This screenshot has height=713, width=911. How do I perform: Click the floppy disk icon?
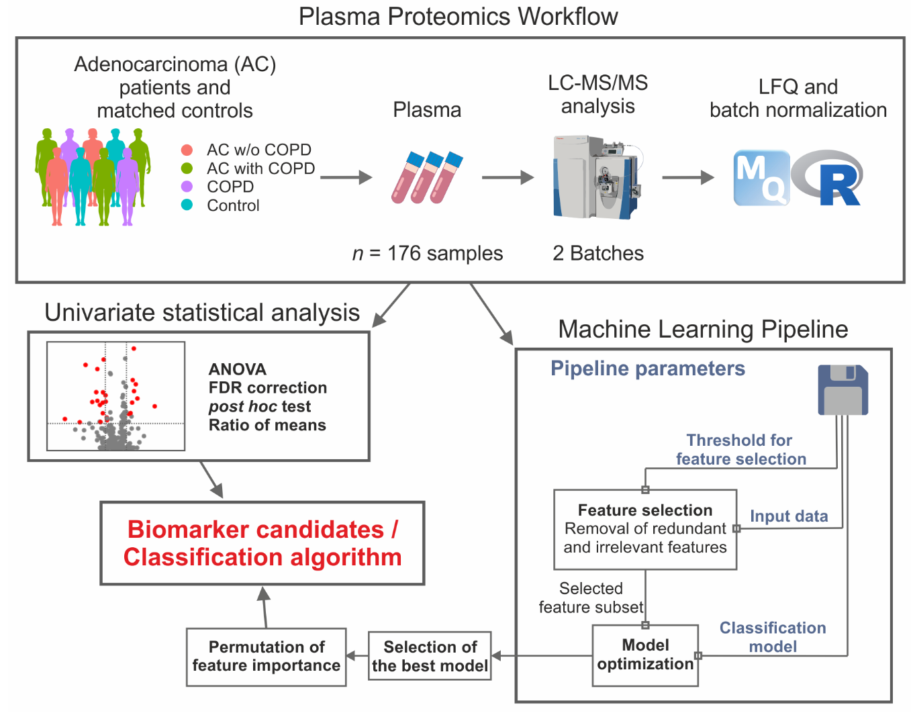point(843,390)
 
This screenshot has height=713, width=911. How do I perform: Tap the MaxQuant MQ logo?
point(761,178)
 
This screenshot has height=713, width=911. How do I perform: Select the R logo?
point(828,178)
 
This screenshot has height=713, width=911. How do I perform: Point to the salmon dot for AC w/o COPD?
point(187,150)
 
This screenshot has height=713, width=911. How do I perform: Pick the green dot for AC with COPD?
point(187,168)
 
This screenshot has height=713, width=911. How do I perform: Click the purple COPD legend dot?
point(187,187)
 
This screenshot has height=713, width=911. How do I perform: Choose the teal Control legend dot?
point(187,205)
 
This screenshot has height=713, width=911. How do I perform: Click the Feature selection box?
point(645,529)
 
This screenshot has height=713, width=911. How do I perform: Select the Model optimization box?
point(645,655)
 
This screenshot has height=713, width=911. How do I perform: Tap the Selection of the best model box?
point(430,656)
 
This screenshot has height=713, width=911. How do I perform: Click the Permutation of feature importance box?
point(267,656)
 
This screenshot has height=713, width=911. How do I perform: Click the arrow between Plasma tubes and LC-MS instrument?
point(508,178)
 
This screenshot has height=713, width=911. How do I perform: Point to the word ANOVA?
point(238,369)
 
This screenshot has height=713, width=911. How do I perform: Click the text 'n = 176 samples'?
point(428,253)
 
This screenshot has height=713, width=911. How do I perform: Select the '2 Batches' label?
point(598,253)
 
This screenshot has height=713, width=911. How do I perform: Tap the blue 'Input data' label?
point(789,516)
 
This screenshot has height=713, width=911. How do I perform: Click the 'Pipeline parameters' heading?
point(648,369)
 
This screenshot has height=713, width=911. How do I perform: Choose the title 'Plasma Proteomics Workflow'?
point(458,16)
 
